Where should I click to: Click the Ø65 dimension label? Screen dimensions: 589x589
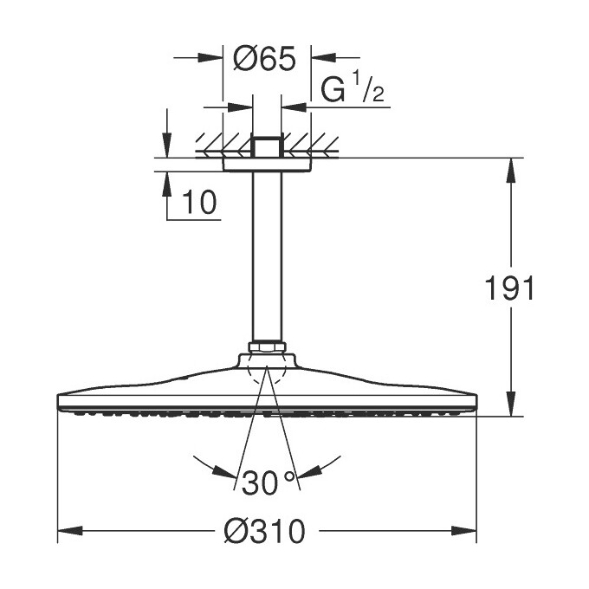pos(266,59)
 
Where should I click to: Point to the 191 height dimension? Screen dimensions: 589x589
pos(509,288)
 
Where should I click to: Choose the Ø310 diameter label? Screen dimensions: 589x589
pos(266,532)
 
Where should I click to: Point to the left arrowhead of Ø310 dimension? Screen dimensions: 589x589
pos(64,530)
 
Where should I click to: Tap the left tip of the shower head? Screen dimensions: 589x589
pos(59,402)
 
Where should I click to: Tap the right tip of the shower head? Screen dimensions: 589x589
pos(476,402)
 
